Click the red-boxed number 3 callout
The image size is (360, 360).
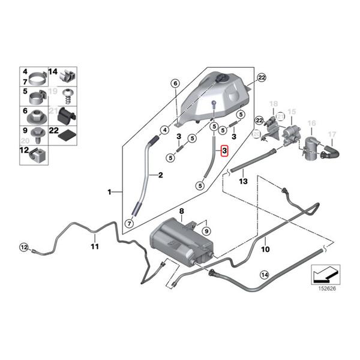224,151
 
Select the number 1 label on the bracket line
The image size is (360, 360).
110,192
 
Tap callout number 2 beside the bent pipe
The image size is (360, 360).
160,175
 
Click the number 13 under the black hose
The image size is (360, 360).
243,180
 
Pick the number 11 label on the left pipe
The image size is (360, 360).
94,246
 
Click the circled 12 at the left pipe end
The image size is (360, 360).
24,247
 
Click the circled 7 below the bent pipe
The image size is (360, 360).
128,223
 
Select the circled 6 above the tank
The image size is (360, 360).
175,83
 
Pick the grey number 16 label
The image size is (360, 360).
311,124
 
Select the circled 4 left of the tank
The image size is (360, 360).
164,130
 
